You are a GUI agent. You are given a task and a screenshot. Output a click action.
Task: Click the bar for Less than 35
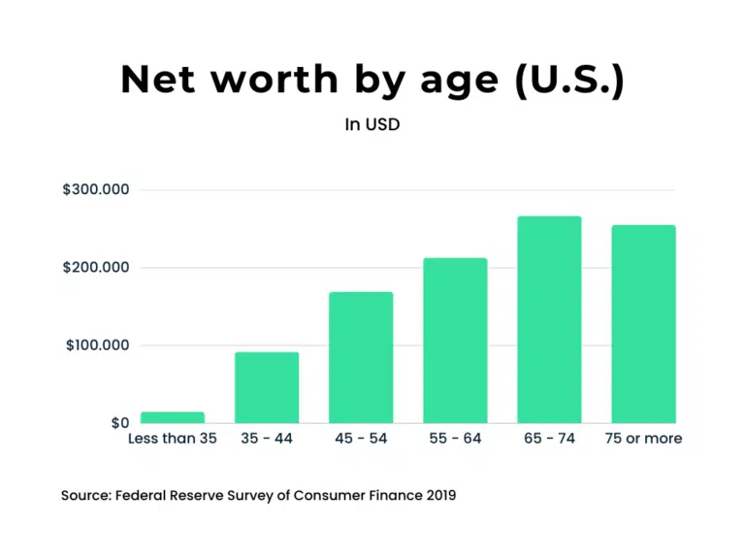[x=173, y=417]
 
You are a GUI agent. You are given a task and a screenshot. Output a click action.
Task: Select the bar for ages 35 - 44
[x=267, y=387]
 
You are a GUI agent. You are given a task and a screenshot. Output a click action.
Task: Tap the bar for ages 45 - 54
[x=361, y=357]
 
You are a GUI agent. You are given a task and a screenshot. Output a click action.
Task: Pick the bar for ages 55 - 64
[x=455, y=340]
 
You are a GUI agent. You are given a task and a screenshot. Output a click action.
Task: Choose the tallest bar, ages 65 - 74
[x=549, y=319]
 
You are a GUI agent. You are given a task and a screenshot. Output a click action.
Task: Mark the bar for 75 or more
[x=643, y=324]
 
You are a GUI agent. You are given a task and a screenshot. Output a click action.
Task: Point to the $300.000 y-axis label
[x=96, y=190]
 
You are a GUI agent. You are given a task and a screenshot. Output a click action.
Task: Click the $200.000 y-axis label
[x=96, y=268]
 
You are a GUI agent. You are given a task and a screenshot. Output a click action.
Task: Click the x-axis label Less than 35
[x=173, y=439]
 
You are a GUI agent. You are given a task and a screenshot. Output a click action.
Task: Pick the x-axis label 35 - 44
[x=267, y=439]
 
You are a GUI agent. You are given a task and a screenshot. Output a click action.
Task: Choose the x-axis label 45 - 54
[x=361, y=439]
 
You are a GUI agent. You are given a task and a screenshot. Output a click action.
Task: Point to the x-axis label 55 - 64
[x=455, y=439]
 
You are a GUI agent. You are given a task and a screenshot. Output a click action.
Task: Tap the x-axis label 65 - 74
[x=549, y=439]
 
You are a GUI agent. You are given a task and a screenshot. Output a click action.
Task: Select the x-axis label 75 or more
[x=643, y=439]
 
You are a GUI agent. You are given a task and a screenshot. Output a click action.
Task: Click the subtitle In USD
[x=372, y=124]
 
